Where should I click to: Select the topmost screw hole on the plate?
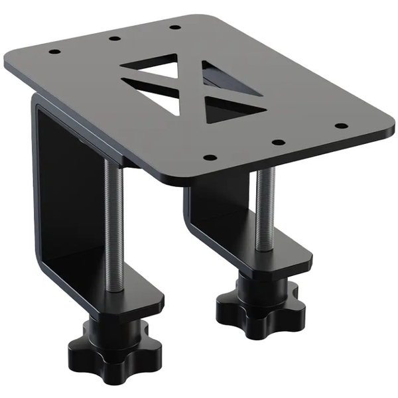[x=174, y=27]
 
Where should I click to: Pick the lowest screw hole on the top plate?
[x=210, y=158]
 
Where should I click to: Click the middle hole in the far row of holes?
[x=114, y=38]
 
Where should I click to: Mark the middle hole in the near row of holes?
[x=279, y=141]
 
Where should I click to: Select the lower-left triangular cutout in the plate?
[x=159, y=99]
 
